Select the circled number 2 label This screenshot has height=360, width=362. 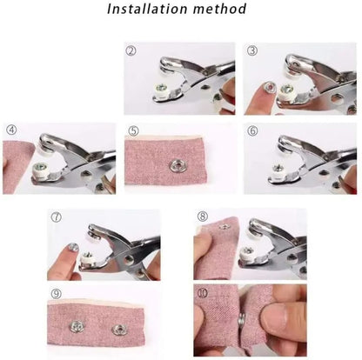click(131, 50)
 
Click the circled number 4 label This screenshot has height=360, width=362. click(11, 131)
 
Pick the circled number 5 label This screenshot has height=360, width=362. click(132, 131)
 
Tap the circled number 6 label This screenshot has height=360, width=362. click(251, 131)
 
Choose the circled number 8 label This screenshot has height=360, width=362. click(202, 216)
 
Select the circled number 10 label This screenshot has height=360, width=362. click(202, 293)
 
